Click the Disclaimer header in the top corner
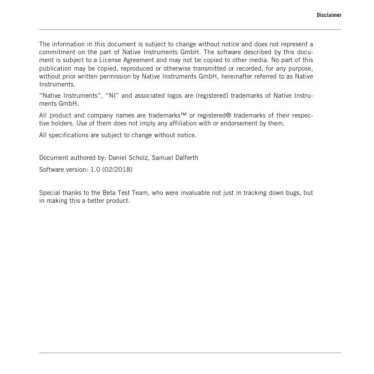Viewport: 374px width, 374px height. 329,15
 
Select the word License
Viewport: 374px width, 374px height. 108,60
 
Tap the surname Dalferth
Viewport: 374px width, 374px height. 183,158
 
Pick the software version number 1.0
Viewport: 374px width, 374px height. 95,169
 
